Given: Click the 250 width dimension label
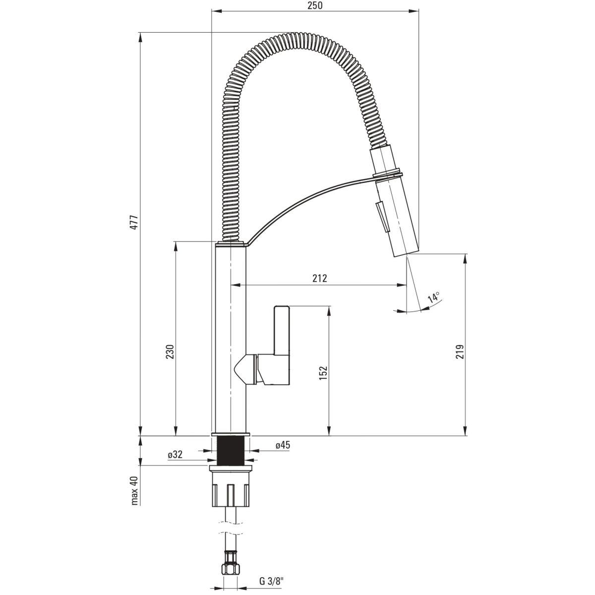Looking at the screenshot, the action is [x=315, y=5].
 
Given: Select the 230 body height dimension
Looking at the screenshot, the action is [x=170, y=352].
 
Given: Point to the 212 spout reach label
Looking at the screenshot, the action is [x=319, y=278].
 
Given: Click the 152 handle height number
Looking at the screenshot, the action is [x=323, y=373].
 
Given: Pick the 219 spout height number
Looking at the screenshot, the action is [x=460, y=352].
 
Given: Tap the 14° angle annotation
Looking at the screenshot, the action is [x=434, y=297].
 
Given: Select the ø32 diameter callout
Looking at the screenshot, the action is [x=175, y=454].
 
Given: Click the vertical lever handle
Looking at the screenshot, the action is [x=281, y=330].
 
